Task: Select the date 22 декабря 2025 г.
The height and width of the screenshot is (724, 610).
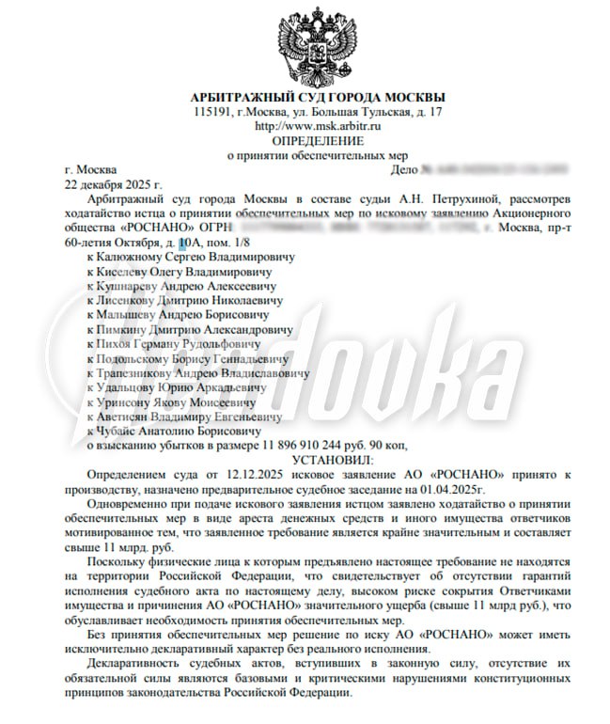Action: point(108,186)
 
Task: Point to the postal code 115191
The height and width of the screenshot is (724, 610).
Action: point(212,112)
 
